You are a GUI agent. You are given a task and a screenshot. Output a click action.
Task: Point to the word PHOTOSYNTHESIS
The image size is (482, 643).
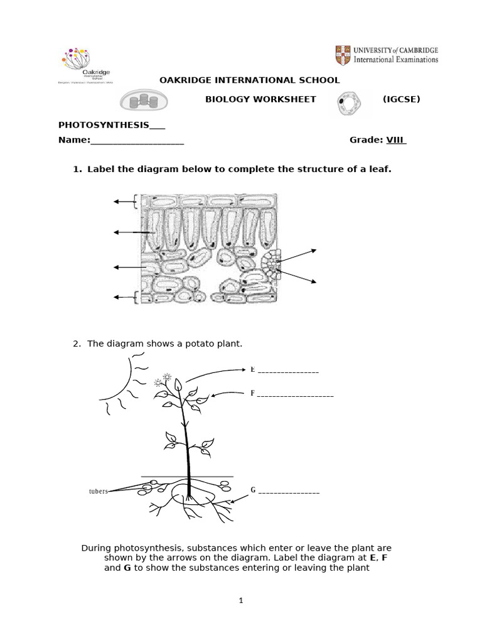104,124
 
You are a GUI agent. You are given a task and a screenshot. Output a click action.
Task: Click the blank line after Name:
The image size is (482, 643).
137,141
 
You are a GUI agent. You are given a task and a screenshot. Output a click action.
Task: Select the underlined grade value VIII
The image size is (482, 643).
396,140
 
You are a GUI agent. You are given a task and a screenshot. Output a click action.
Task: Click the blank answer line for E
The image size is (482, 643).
288,372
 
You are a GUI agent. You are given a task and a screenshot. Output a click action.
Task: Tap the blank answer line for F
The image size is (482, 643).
295,396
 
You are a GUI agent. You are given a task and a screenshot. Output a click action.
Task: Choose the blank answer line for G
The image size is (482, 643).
289,492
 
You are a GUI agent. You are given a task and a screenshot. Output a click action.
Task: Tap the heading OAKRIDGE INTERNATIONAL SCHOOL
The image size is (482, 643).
250,80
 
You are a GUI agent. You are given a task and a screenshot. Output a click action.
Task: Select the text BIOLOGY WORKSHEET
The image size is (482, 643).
261,99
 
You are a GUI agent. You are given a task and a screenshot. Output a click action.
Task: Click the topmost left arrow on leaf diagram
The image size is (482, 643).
124,202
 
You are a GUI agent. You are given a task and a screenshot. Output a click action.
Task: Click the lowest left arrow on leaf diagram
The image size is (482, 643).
124,296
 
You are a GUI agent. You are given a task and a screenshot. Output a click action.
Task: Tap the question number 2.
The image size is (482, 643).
77,343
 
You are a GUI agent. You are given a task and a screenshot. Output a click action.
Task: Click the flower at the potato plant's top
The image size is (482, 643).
166,377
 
